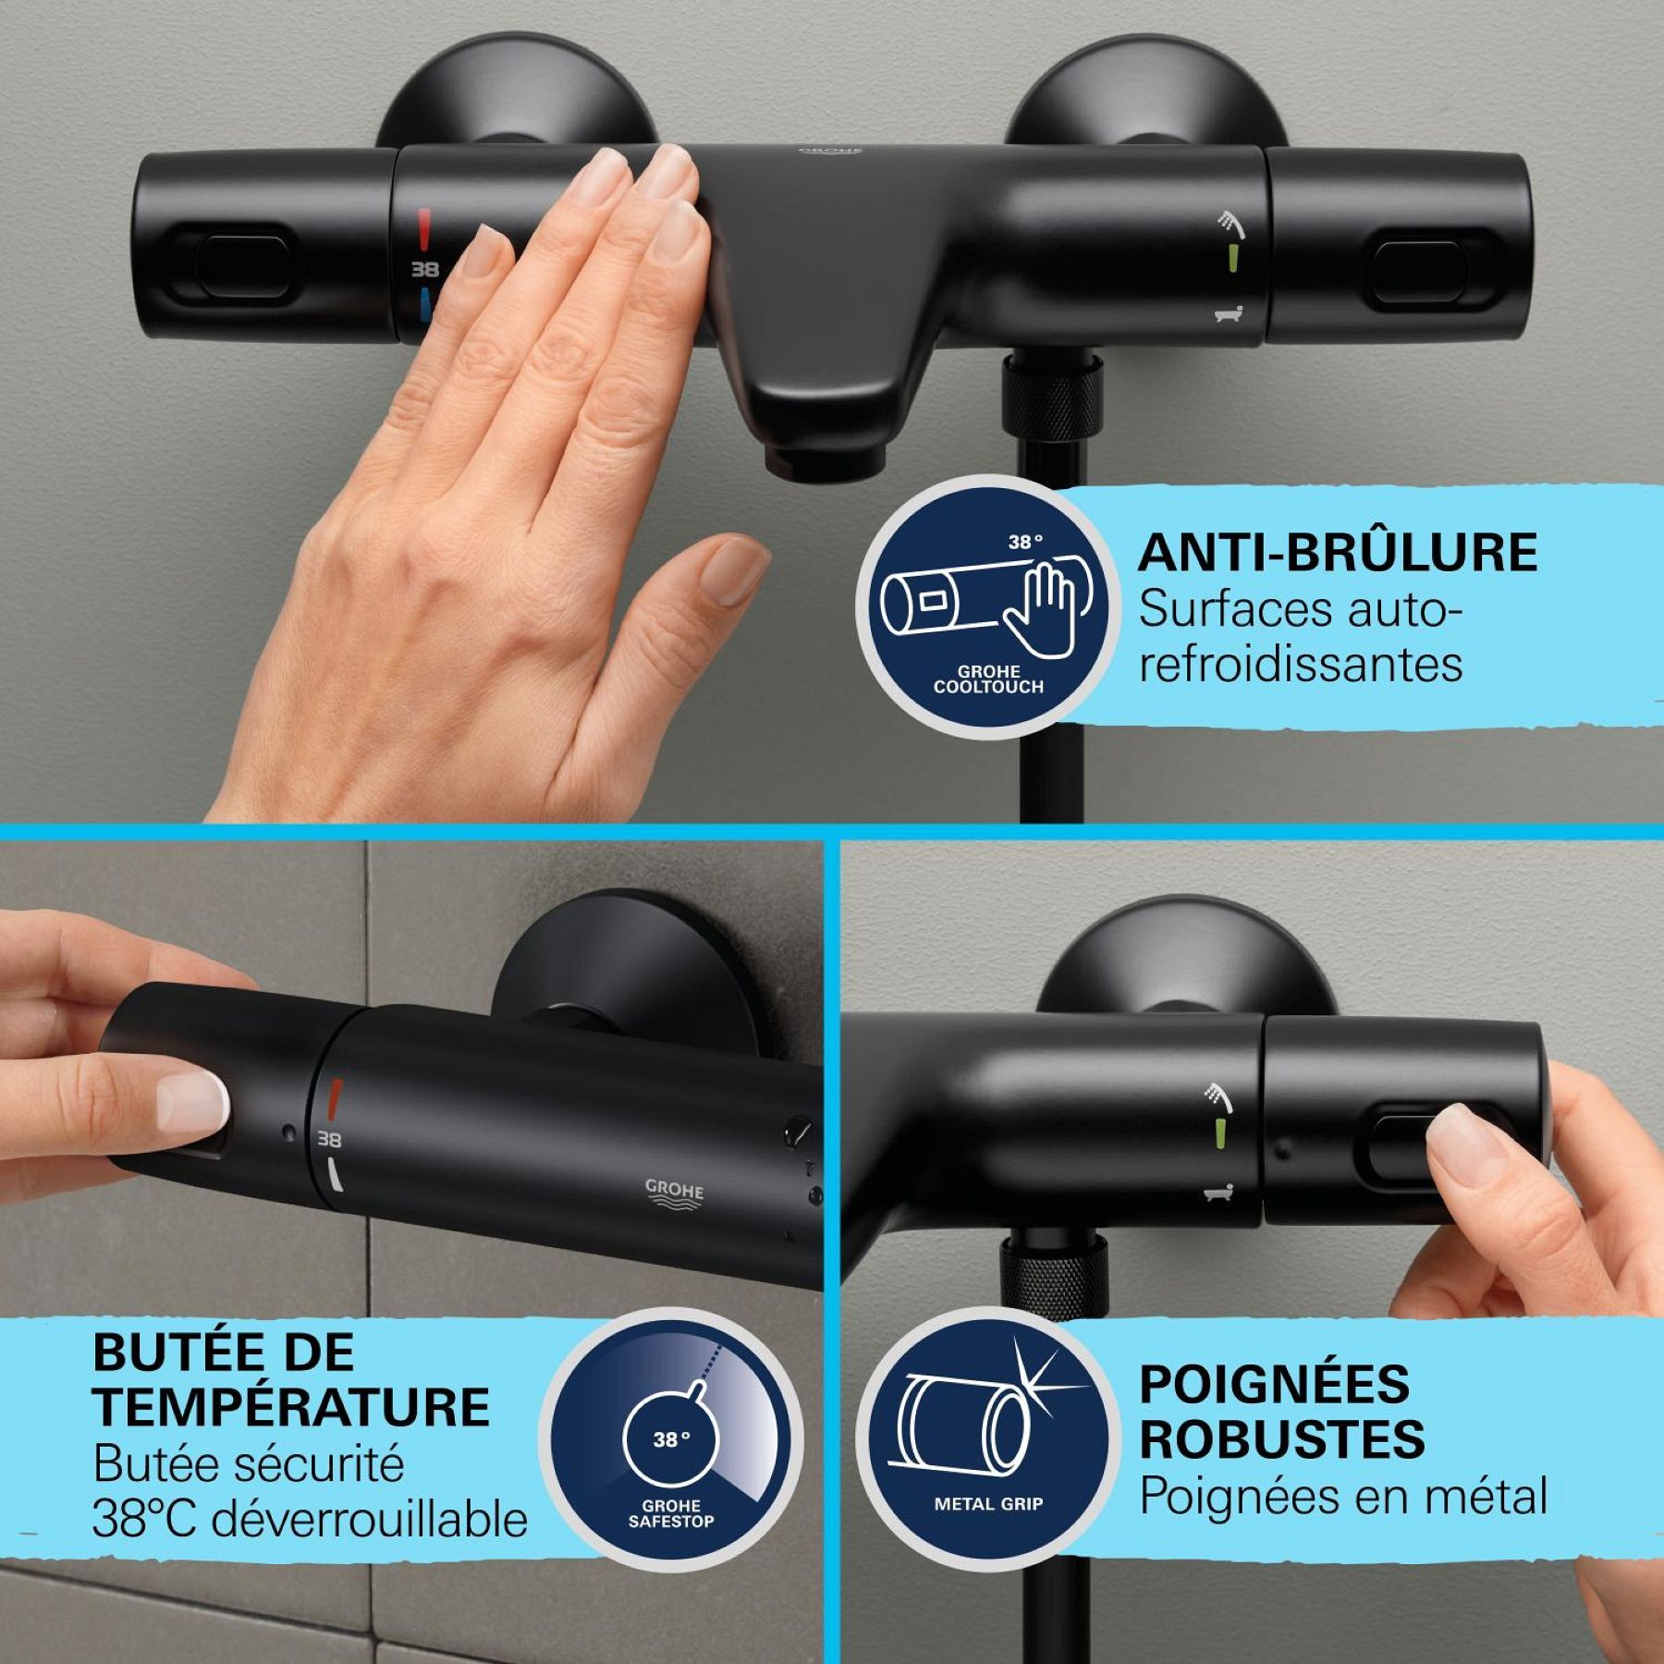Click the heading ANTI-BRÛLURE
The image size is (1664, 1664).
pos(1337,553)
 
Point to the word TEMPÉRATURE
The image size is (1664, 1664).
pos(291,1407)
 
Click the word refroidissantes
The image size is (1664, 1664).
pos(1300,665)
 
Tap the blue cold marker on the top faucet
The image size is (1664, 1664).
pos(424,304)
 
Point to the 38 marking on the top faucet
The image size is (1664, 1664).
pos(424,270)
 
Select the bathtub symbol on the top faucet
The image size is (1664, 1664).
pos(1229,315)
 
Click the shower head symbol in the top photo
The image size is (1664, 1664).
pos(1230,222)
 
